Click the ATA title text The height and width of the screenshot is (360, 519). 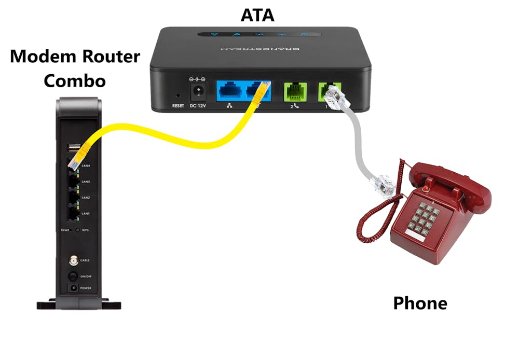(x=257, y=16)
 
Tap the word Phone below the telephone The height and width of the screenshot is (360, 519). (x=420, y=302)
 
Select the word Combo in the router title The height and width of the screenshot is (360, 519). (x=75, y=80)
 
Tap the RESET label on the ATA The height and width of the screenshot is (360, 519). (x=178, y=106)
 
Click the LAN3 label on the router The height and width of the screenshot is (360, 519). (x=86, y=182)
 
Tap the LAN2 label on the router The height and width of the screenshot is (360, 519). (x=86, y=198)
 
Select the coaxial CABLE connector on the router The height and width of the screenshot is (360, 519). (x=72, y=259)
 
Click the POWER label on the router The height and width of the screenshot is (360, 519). (x=86, y=287)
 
